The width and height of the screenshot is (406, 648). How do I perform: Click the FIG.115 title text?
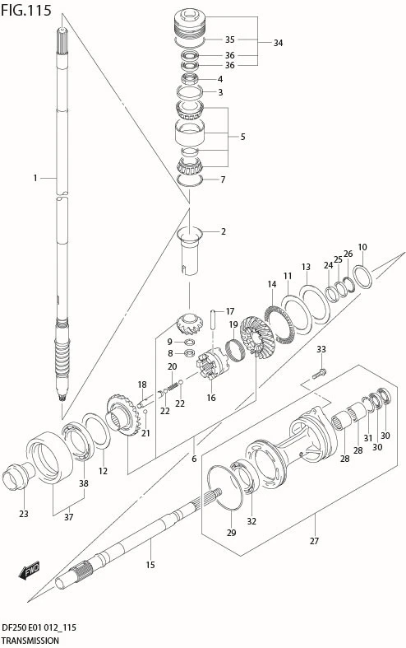[26, 10]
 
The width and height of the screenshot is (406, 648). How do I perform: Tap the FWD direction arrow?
[29, 571]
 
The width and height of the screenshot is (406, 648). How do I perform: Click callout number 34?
[278, 43]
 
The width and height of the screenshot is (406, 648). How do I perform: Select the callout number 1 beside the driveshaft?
[35, 178]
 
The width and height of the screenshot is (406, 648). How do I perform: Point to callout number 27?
[315, 541]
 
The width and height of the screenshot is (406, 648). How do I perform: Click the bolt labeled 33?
[319, 373]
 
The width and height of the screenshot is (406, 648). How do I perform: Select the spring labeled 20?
[173, 386]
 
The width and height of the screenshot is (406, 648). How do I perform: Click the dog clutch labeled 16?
[213, 363]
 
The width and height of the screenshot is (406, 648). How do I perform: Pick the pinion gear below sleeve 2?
[189, 326]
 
